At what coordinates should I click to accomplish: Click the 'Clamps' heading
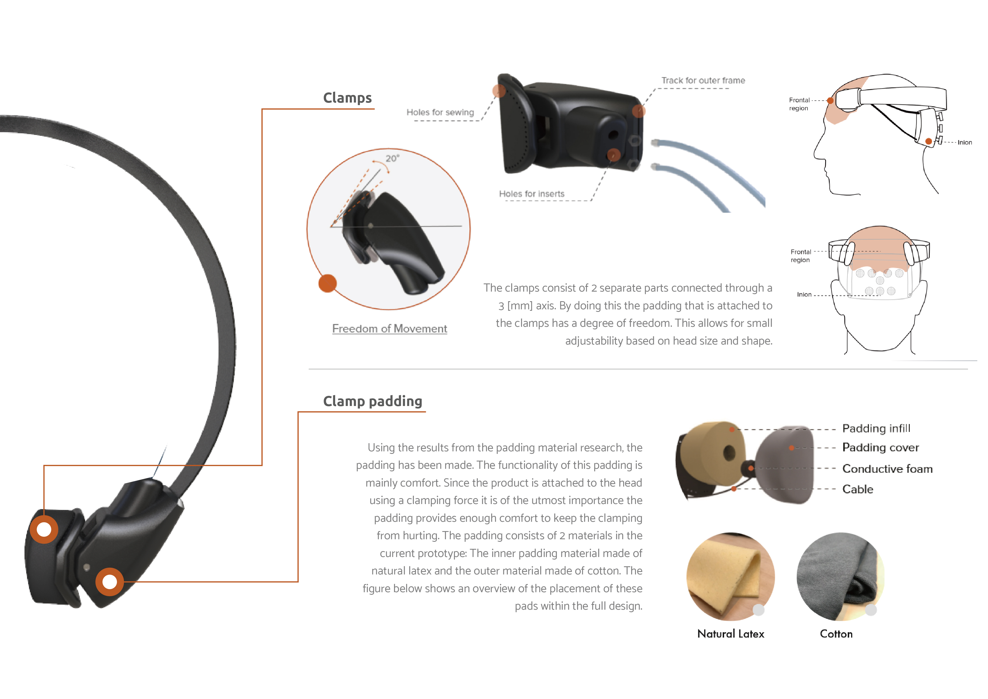(347, 98)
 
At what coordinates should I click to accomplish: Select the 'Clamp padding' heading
(373, 401)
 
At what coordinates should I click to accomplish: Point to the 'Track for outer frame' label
(703, 81)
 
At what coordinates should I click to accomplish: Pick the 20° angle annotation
(392, 158)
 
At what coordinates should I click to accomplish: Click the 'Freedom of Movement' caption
(390, 329)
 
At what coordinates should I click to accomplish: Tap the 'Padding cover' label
(880, 448)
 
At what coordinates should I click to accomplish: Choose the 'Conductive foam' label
(887, 469)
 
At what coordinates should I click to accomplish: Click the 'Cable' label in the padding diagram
(858, 489)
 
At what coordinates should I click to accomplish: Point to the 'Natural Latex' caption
(731, 634)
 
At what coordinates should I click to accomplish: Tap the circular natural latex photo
(730, 576)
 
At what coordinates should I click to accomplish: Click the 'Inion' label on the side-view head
(964, 143)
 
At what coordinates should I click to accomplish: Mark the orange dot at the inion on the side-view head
(929, 141)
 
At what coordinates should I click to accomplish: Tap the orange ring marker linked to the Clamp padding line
(109, 582)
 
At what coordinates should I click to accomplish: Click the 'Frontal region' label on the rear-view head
(800, 256)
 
